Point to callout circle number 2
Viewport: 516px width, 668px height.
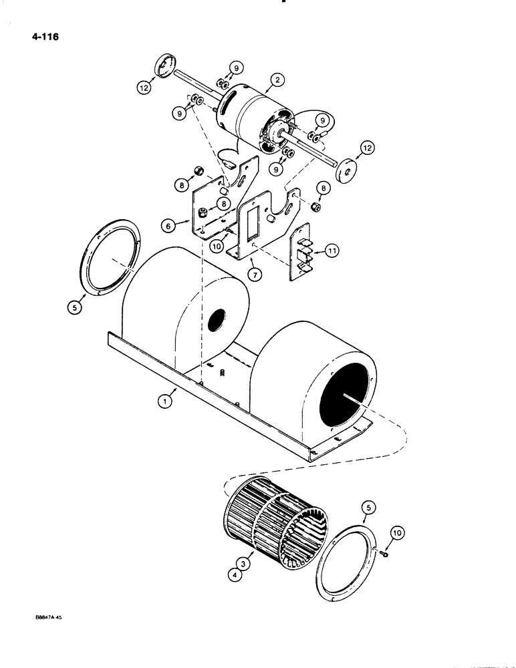pyautogui.click(x=273, y=83)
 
